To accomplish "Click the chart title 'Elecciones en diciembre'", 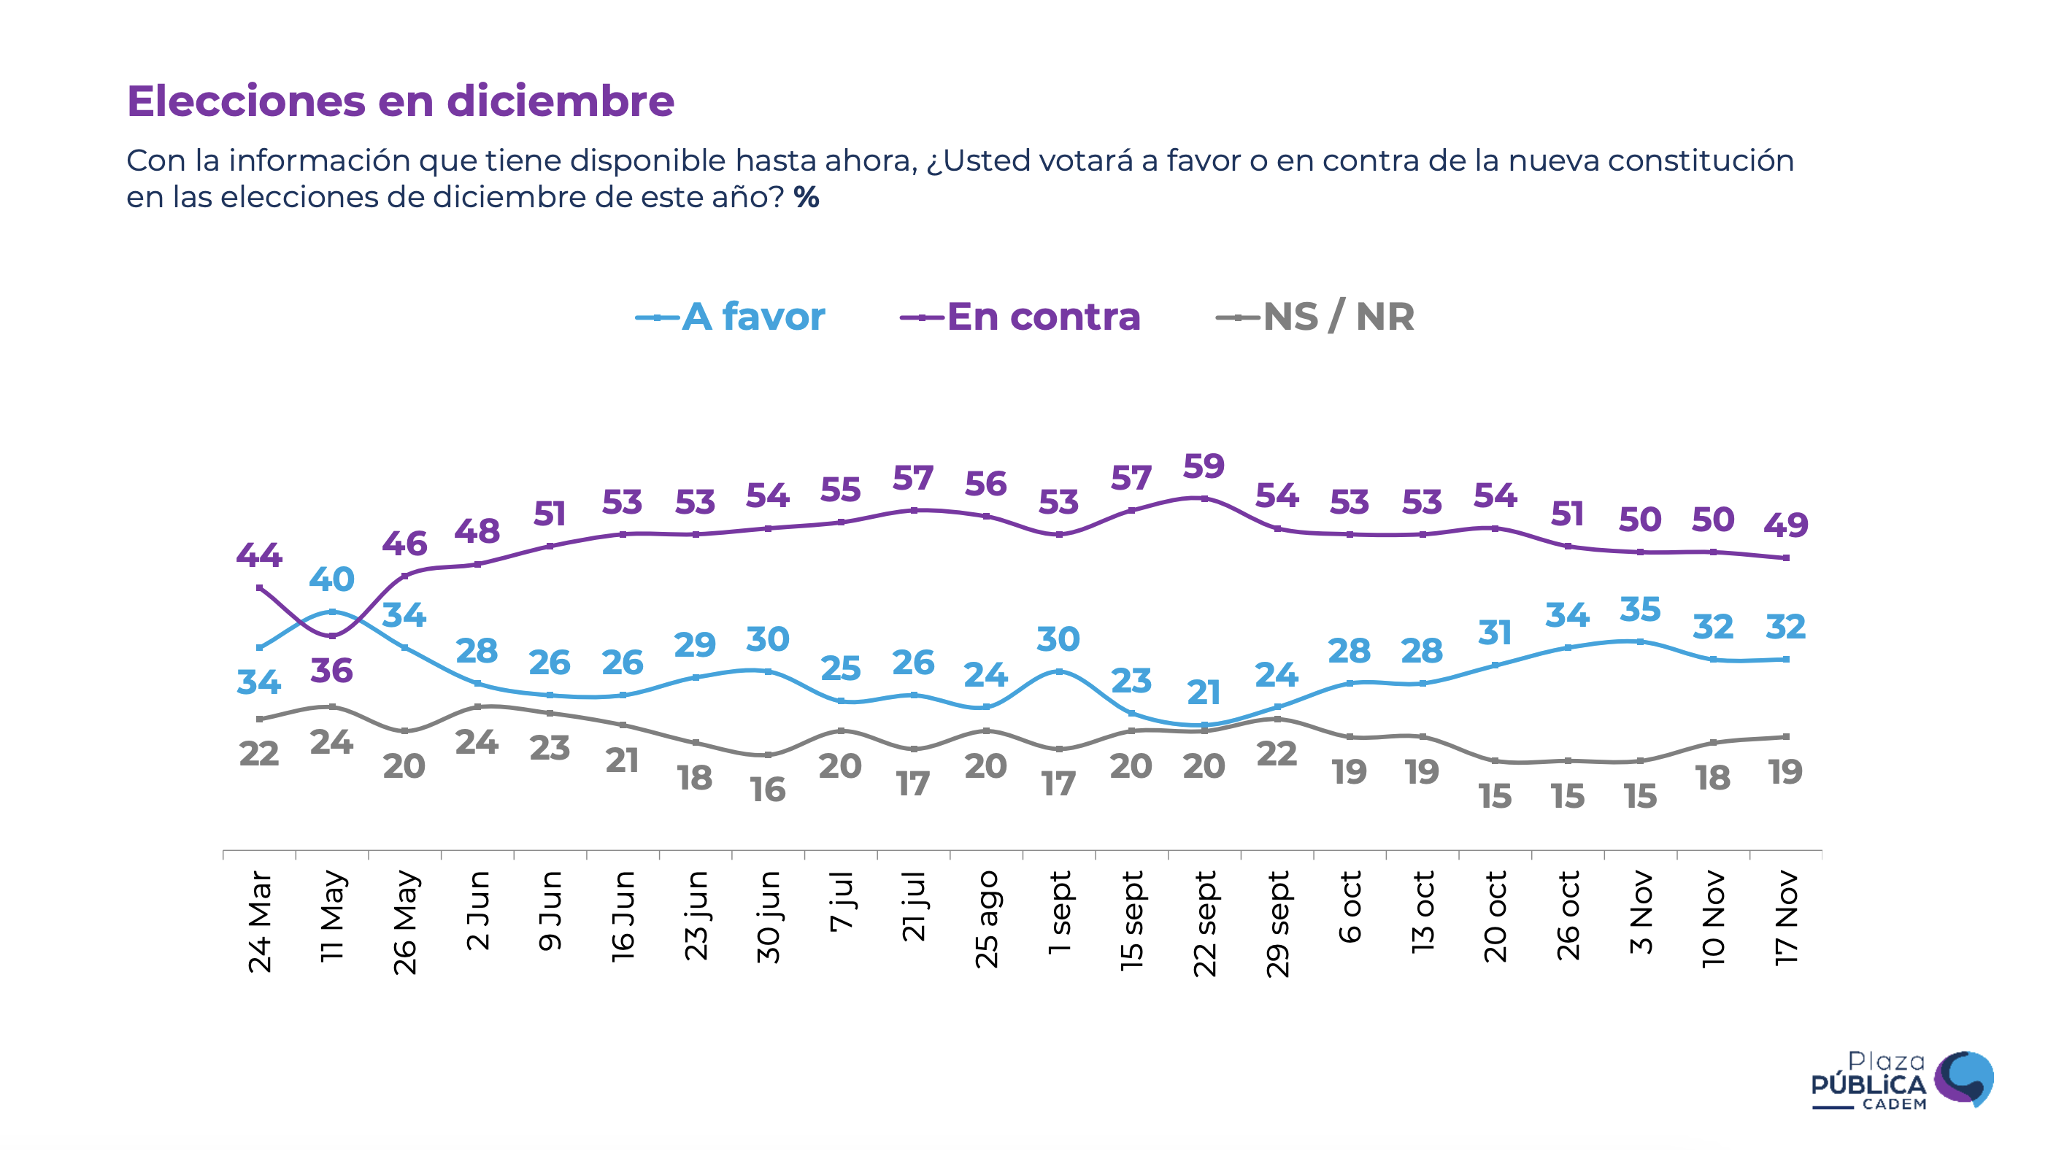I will tap(400, 101).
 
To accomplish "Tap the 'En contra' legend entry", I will tap(1042, 317).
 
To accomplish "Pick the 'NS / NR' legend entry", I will tap(1338, 317).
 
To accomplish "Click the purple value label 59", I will tap(1204, 466).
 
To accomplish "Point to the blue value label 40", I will tap(331, 579).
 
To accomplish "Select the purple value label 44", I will tap(259, 555).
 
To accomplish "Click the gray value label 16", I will tap(768, 790).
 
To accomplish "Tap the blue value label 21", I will tap(1204, 693).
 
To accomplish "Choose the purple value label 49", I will tap(1786, 525).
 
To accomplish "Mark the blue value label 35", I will tap(1640, 609).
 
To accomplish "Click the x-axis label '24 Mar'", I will tap(260, 922).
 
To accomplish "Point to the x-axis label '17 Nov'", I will tap(1787, 919).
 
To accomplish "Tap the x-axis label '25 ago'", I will tap(987, 919).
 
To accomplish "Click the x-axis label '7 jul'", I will tap(841, 901).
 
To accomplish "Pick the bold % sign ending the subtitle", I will tap(807, 197).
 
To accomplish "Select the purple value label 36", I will tap(331, 671).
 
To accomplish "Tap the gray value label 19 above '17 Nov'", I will tap(1786, 772).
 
